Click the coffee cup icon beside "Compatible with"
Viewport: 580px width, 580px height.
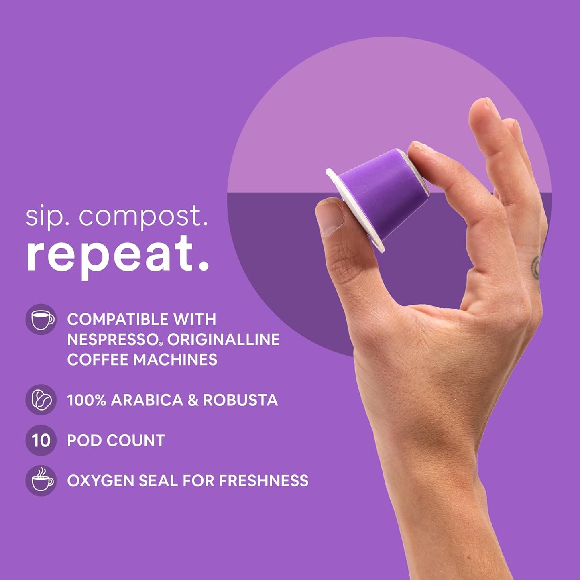[x=41, y=320]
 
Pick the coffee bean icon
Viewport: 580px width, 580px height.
[x=41, y=400]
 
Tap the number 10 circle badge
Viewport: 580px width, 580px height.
[x=41, y=440]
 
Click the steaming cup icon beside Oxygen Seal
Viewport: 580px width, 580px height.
[x=41, y=480]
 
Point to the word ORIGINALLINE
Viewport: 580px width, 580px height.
[x=224, y=340]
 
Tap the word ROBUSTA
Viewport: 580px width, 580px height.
[x=240, y=400]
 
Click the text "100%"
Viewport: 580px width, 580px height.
[x=86, y=400]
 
